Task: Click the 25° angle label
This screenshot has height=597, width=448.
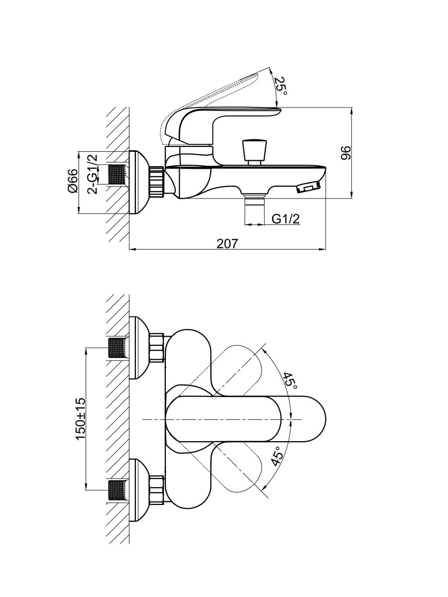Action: [x=282, y=86]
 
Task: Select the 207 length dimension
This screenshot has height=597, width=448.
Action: [x=227, y=243]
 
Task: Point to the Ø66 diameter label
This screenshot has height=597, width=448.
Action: [x=73, y=181]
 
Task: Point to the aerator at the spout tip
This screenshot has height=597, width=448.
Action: [x=309, y=188]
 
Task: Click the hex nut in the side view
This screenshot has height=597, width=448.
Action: [x=156, y=182]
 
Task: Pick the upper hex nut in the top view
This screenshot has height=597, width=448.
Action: [x=156, y=347]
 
